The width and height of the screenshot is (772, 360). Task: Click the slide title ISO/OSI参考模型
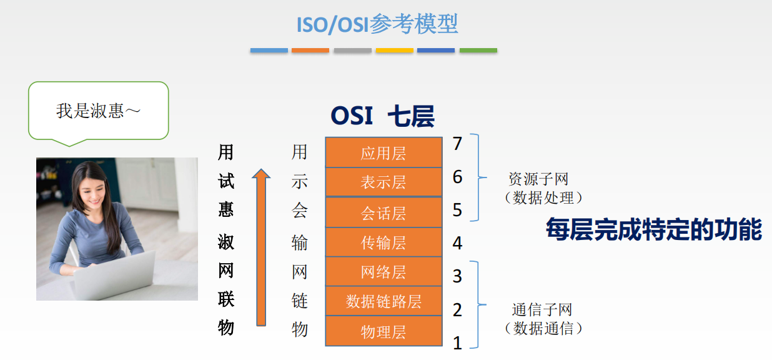point(377,24)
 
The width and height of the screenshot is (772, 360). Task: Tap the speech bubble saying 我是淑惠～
point(99,111)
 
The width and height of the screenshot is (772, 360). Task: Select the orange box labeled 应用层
point(384,152)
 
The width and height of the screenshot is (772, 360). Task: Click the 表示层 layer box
point(384,182)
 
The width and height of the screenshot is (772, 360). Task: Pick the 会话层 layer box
point(384,212)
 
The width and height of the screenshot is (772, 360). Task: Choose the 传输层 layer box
point(384,242)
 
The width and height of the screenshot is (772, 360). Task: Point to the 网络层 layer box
point(384,271)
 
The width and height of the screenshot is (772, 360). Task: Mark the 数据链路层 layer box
point(384,301)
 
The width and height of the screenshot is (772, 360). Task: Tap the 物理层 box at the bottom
point(384,331)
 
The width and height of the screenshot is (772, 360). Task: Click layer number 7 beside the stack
point(457,144)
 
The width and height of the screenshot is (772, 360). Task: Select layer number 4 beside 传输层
point(457,243)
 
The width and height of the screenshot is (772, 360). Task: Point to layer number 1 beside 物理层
point(457,343)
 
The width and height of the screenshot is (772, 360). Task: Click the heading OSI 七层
point(382,117)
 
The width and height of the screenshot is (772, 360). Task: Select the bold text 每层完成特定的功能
point(653,229)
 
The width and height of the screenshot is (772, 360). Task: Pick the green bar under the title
point(478,50)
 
